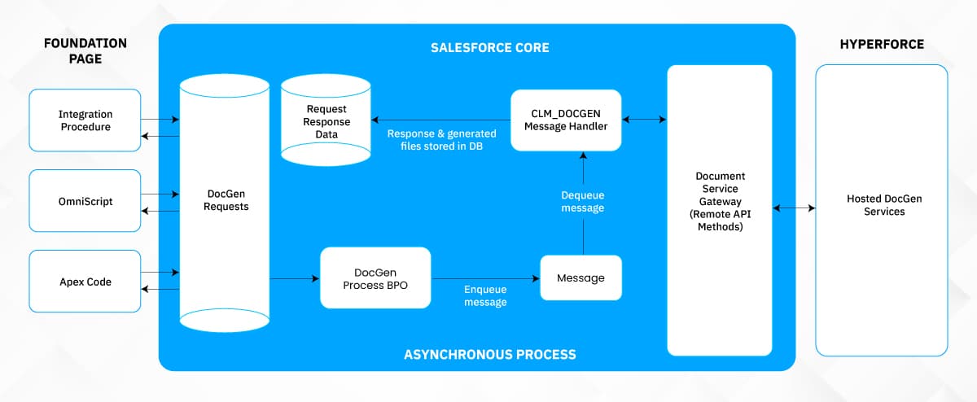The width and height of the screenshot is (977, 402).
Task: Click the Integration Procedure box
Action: click(x=85, y=120)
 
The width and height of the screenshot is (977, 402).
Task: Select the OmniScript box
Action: click(x=85, y=201)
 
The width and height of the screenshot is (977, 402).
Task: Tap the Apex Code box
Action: click(x=85, y=282)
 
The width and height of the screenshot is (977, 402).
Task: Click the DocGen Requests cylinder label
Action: click(x=224, y=200)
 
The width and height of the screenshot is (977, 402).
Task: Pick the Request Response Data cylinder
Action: click(x=326, y=121)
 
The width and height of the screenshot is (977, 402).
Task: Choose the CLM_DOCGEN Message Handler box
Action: click(x=565, y=120)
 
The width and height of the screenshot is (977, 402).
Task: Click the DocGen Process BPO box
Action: click(x=375, y=277)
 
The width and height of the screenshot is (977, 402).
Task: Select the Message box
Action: click(x=581, y=278)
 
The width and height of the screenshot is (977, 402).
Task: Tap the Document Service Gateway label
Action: click(x=720, y=201)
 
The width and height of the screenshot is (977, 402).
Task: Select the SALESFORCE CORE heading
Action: click(x=489, y=48)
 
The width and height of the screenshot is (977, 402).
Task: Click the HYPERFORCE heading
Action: click(x=882, y=44)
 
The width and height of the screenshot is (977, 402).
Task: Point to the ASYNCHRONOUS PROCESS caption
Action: click(x=489, y=354)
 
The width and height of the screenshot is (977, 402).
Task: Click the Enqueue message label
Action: click(x=485, y=295)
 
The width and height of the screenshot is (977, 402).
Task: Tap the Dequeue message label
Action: click(x=583, y=201)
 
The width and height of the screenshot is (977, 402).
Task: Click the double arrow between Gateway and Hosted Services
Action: click(x=794, y=208)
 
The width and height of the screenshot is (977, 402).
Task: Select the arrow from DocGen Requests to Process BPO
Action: click(x=294, y=278)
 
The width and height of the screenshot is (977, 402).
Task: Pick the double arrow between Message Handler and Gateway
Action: click(x=644, y=120)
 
